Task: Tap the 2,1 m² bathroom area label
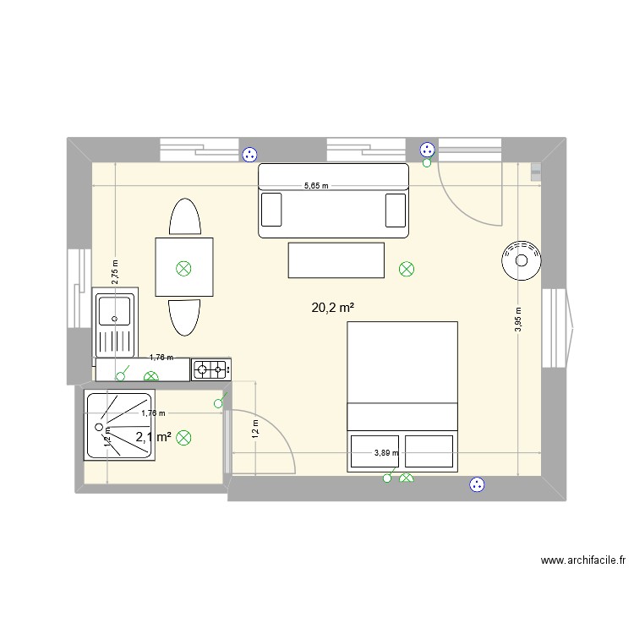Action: click(153, 437)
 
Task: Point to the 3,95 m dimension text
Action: click(519, 320)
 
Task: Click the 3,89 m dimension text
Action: click(386, 453)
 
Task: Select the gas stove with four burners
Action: click(212, 369)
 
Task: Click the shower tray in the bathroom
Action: click(118, 424)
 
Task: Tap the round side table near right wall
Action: click(520, 260)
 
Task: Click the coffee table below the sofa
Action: click(336, 260)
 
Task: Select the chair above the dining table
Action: click(185, 218)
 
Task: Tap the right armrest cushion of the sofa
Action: click(396, 209)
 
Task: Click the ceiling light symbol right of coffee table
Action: click(407, 270)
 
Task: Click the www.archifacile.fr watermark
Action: click(582, 560)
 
